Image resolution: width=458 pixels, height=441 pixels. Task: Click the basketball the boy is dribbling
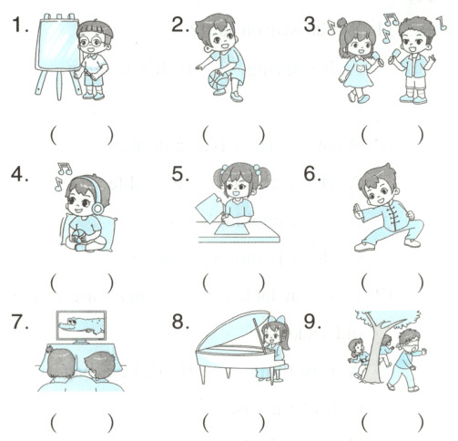[x=219, y=79]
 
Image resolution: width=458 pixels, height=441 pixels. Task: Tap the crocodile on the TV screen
[x=81, y=325]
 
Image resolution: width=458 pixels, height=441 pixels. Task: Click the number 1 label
[x=20, y=25]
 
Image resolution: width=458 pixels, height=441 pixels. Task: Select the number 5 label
[x=180, y=174]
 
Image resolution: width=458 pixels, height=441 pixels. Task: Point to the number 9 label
[x=312, y=321]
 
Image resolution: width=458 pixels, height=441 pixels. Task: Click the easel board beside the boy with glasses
[x=58, y=44]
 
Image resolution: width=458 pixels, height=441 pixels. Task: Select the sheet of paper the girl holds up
[x=209, y=208]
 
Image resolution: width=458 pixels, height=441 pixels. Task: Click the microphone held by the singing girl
[x=376, y=57]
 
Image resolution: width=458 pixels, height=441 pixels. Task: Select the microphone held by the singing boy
[x=395, y=56]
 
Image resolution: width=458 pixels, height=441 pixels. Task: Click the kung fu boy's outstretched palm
[x=358, y=212]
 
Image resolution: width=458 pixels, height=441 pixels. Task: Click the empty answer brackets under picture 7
[x=82, y=422]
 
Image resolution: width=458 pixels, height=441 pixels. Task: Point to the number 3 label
[x=312, y=25]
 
